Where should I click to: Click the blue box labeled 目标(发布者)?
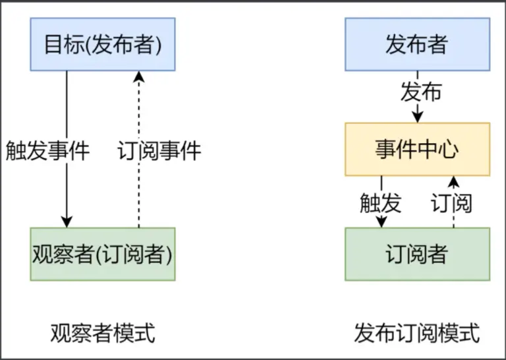(103, 44)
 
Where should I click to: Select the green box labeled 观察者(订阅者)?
(103, 254)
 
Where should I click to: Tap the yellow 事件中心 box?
(417, 149)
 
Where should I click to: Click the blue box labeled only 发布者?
(417, 44)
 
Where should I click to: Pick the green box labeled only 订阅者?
(417, 254)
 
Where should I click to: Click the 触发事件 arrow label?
(47, 150)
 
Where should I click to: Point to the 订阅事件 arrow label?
(159, 150)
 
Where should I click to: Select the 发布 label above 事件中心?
(421, 92)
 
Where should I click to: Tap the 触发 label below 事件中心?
(380, 203)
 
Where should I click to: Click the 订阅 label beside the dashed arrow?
(451, 203)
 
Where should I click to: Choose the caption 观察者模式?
(103, 333)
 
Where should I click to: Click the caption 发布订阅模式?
(417, 333)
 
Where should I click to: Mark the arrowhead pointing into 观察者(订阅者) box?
(67, 222)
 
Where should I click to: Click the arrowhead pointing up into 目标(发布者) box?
(139, 76)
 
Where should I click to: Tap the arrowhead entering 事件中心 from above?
(418, 117)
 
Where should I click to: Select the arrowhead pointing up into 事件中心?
(454, 181)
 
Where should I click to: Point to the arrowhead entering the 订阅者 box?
(381, 222)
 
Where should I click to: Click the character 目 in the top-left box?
(53, 44)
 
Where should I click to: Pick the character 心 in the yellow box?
(449, 150)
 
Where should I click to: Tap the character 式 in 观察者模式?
(146, 333)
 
